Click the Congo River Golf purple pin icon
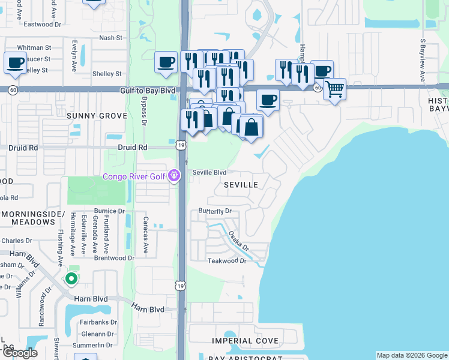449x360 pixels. [174, 176]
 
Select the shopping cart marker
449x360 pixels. [334, 89]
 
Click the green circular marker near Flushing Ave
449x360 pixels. [71, 278]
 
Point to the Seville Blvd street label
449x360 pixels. [209, 172]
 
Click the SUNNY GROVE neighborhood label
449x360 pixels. [97, 115]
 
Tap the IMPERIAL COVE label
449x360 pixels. [246, 341]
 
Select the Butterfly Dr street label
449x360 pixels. [215, 211]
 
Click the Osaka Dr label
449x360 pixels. [238, 241]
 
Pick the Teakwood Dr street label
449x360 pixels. [227, 261]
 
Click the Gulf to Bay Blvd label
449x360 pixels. [147, 91]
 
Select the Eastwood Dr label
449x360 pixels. [42, 25]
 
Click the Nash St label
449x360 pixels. [110, 37]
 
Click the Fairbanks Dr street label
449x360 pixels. [97, 322]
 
